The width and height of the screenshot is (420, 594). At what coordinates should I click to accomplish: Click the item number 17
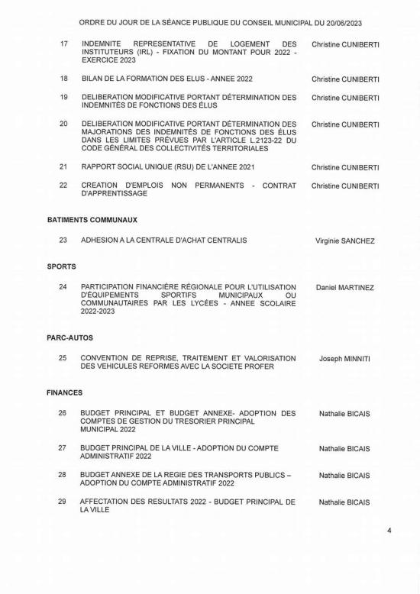pos(64,44)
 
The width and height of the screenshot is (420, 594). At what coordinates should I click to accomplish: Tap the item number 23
pos(63,241)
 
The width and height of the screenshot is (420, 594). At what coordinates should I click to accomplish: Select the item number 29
pos(63,502)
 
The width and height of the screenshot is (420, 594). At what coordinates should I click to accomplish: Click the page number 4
pos(389,551)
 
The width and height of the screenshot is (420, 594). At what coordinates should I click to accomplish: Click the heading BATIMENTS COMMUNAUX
pos(92,219)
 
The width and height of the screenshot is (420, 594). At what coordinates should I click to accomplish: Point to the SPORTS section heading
pos(61,267)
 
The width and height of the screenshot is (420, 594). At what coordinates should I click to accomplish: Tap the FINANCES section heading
pos(64,392)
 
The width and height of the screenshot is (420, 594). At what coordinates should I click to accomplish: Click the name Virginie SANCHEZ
pos(345,241)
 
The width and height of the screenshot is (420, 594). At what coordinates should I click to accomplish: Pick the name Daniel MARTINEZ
pos(345,288)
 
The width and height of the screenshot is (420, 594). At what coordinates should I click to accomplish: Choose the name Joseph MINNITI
pos(344,359)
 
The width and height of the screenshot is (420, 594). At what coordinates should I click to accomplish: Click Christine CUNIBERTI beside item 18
pos(345,79)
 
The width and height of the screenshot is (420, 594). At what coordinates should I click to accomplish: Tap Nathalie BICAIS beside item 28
pos(344,476)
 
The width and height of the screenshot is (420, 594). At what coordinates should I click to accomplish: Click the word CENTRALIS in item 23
pos(224,241)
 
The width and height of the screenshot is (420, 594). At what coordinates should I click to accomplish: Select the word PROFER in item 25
pos(257,366)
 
